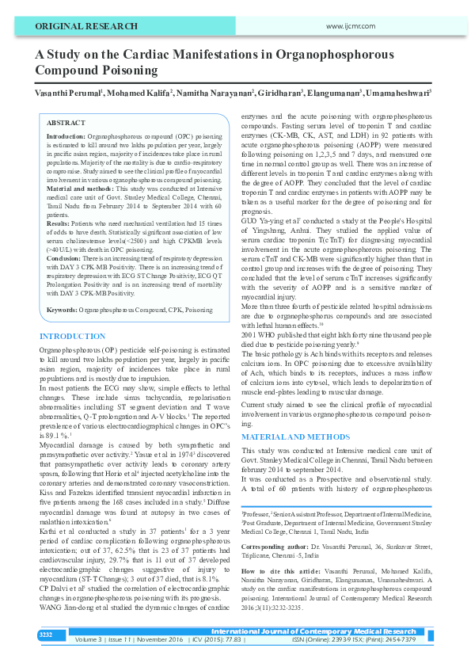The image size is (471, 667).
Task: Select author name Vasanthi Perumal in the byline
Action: tap(67, 93)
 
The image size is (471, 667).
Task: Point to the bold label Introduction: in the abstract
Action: tap(66, 137)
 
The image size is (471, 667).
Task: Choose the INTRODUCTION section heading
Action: tap(73, 337)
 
